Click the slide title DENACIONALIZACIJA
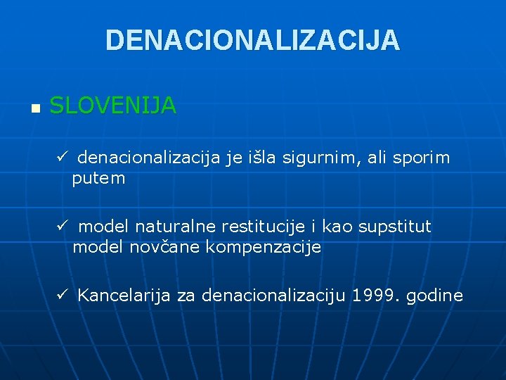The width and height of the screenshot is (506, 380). click(x=252, y=40)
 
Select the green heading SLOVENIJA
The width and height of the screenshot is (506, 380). click(x=113, y=106)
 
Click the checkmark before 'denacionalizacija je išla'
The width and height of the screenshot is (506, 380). click(x=63, y=157)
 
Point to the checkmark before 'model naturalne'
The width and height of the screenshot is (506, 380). click(x=63, y=227)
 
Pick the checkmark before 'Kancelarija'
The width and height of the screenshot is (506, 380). click(x=63, y=295)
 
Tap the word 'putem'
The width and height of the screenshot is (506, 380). click(x=98, y=179)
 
